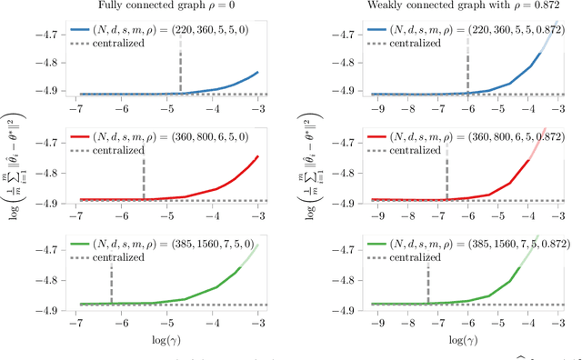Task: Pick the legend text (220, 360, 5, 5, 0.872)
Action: click(485, 28)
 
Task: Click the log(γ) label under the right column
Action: click(468, 341)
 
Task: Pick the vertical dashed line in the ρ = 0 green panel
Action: click(111, 277)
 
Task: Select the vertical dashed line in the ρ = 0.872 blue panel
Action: click(467, 68)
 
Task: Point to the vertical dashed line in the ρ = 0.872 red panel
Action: click(447, 173)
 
